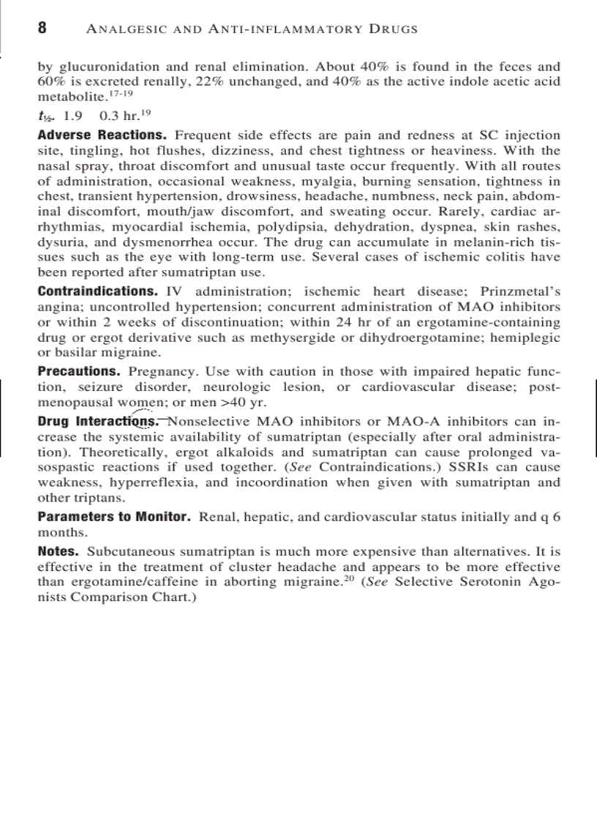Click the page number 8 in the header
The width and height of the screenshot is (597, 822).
42,29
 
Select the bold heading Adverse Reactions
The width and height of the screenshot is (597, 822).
103,135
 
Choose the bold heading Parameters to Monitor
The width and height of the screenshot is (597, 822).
114,517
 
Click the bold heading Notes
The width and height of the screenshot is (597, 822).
58,551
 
